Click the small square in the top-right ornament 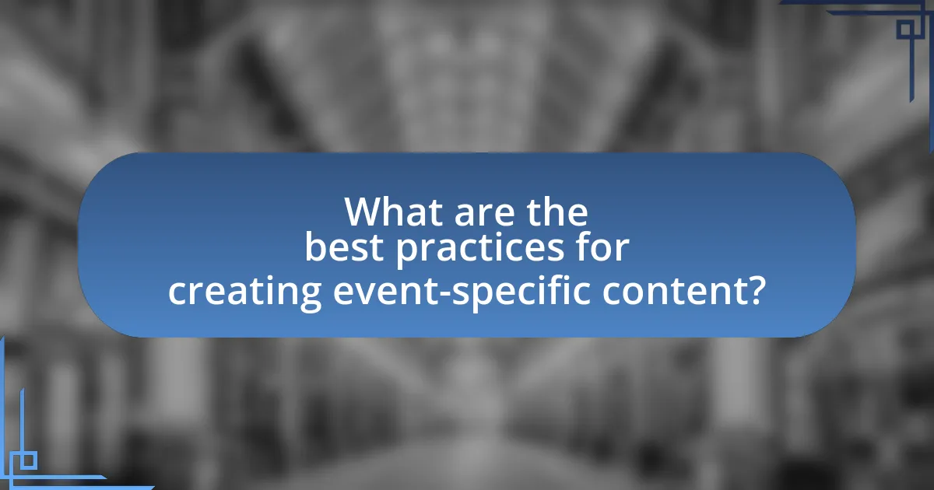[906, 30]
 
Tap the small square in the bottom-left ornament [28, 460]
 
